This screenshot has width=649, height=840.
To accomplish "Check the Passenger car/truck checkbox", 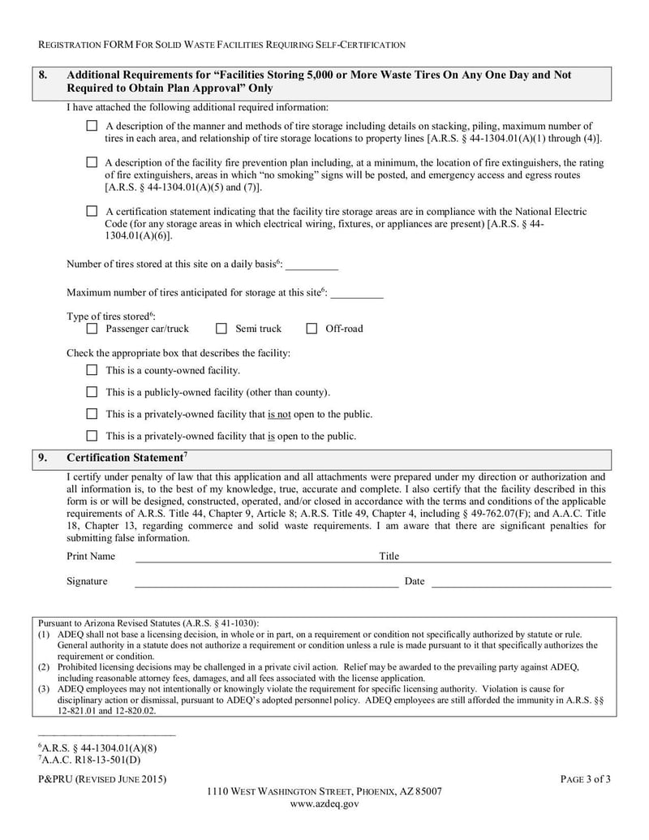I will [x=92, y=329].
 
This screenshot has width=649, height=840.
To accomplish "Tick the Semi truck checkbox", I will [x=221, y=329].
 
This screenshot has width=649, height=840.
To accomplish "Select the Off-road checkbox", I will [x=312, y=329].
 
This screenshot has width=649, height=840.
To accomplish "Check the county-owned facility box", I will [x=92, y=370].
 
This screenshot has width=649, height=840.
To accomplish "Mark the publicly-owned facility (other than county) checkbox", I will [x=92, y=392].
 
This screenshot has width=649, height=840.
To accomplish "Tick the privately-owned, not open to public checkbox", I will [x=92, y=414].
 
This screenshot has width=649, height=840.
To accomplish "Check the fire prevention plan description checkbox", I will [x=92, y=162].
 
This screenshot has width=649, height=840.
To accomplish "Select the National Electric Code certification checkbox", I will [x=92, y=211].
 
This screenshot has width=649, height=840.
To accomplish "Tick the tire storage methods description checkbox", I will [x=92, y=126].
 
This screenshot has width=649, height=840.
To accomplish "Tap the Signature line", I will [x=266, y=581].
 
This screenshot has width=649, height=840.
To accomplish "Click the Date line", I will [x=520, y=581].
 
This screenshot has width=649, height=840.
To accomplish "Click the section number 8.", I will [x=44, y=75].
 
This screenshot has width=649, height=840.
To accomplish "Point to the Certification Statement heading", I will [x=127, y=458].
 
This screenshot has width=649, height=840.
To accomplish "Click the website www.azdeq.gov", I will [x=324, y=803].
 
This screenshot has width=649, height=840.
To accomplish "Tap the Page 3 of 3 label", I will [x=585, y=779].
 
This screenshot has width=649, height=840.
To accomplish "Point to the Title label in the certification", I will [x=389, y=557].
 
